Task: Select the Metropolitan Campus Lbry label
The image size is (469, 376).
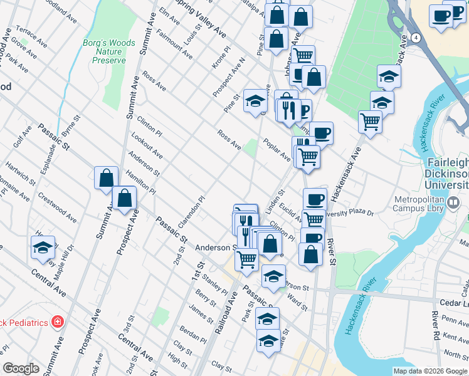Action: pyautogui.click(x=427, y=207)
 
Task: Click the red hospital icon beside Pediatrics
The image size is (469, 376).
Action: pyautogui.click(x=58, y=322)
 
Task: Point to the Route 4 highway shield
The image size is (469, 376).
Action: pyautogui.click(x=416, y=38)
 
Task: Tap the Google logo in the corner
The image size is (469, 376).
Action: pyautogui.click(x=21, y=368)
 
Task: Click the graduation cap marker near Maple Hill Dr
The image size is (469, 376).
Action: pyautogui.click(x=43, y=248)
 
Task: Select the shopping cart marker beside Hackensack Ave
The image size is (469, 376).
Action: pyautogui.click(x=371, y=120)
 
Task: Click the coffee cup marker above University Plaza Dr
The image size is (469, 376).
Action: pyautogui.click(x=315, y=199)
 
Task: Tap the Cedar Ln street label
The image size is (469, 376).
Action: pyautogui.click(x=454, y=303)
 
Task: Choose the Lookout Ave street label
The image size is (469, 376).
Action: pyautogui.click(x=147, y=145)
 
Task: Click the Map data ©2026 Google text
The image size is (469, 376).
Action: pyautogui.click(x=430, y=371)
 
